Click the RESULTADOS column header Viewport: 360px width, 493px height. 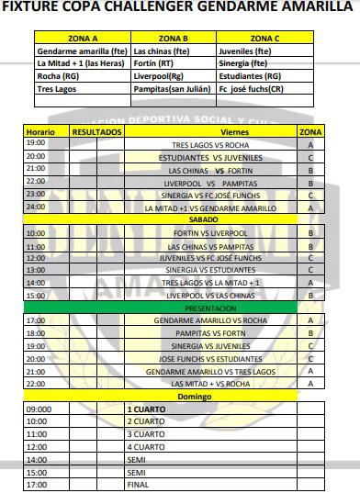click(96, 133)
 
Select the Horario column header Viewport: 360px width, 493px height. click(41, 133)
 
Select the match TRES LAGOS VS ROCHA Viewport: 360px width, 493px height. click(211, 144)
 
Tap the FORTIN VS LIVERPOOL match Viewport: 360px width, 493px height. click(211, 233)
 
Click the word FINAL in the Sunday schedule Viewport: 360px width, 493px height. click(139, 484)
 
